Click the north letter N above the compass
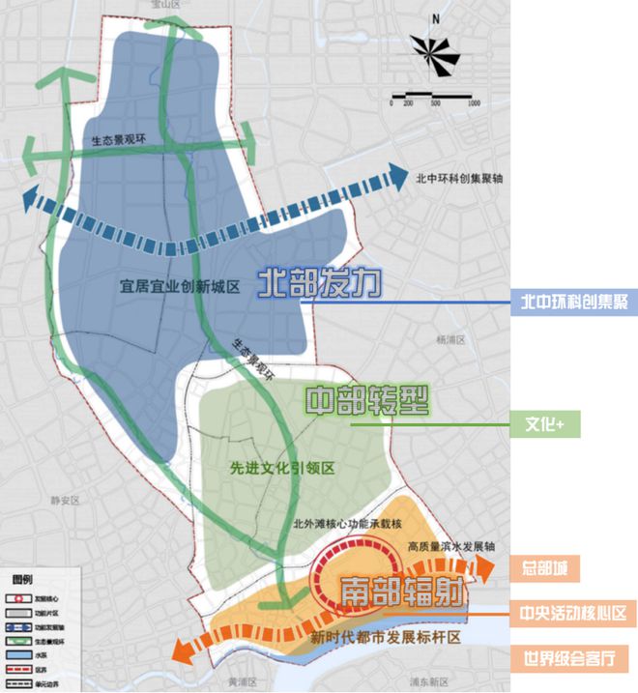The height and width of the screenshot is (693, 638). [436, 18]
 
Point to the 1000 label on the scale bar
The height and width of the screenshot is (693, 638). [474, 102]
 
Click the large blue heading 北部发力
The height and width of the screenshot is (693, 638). [320, 282]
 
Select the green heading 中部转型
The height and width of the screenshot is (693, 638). [366, 400]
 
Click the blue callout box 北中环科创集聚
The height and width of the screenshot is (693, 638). [573, 303]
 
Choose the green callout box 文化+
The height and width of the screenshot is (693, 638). [546, 423]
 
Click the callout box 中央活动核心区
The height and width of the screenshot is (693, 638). [573, 613]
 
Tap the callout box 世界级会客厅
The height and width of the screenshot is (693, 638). [573, 657]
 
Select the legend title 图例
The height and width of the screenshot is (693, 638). [21, 577]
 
